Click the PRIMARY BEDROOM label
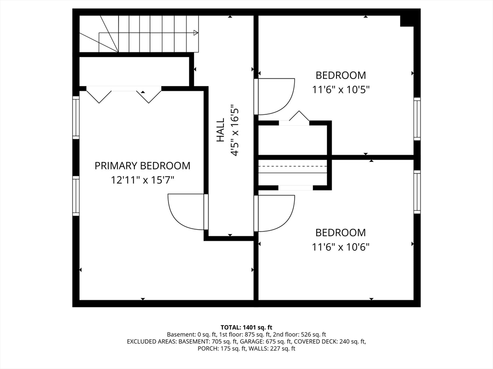(x=142, y=166)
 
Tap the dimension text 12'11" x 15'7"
(x=142, y=181)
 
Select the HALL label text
(x=221, y=130)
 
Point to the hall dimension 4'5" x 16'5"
(x=235, y=130)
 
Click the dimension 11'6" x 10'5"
(x=341, y=89)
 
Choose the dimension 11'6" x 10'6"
(x=341, y=247)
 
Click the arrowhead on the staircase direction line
(x=195, y=33)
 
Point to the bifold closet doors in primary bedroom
(x=124, y=94)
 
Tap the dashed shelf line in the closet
(x=293, y=166)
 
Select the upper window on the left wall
(x=76, y=117)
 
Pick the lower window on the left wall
(x=76, y=195)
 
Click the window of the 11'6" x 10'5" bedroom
(x=417, y=119)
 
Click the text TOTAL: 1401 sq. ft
(x=246, y=327)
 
